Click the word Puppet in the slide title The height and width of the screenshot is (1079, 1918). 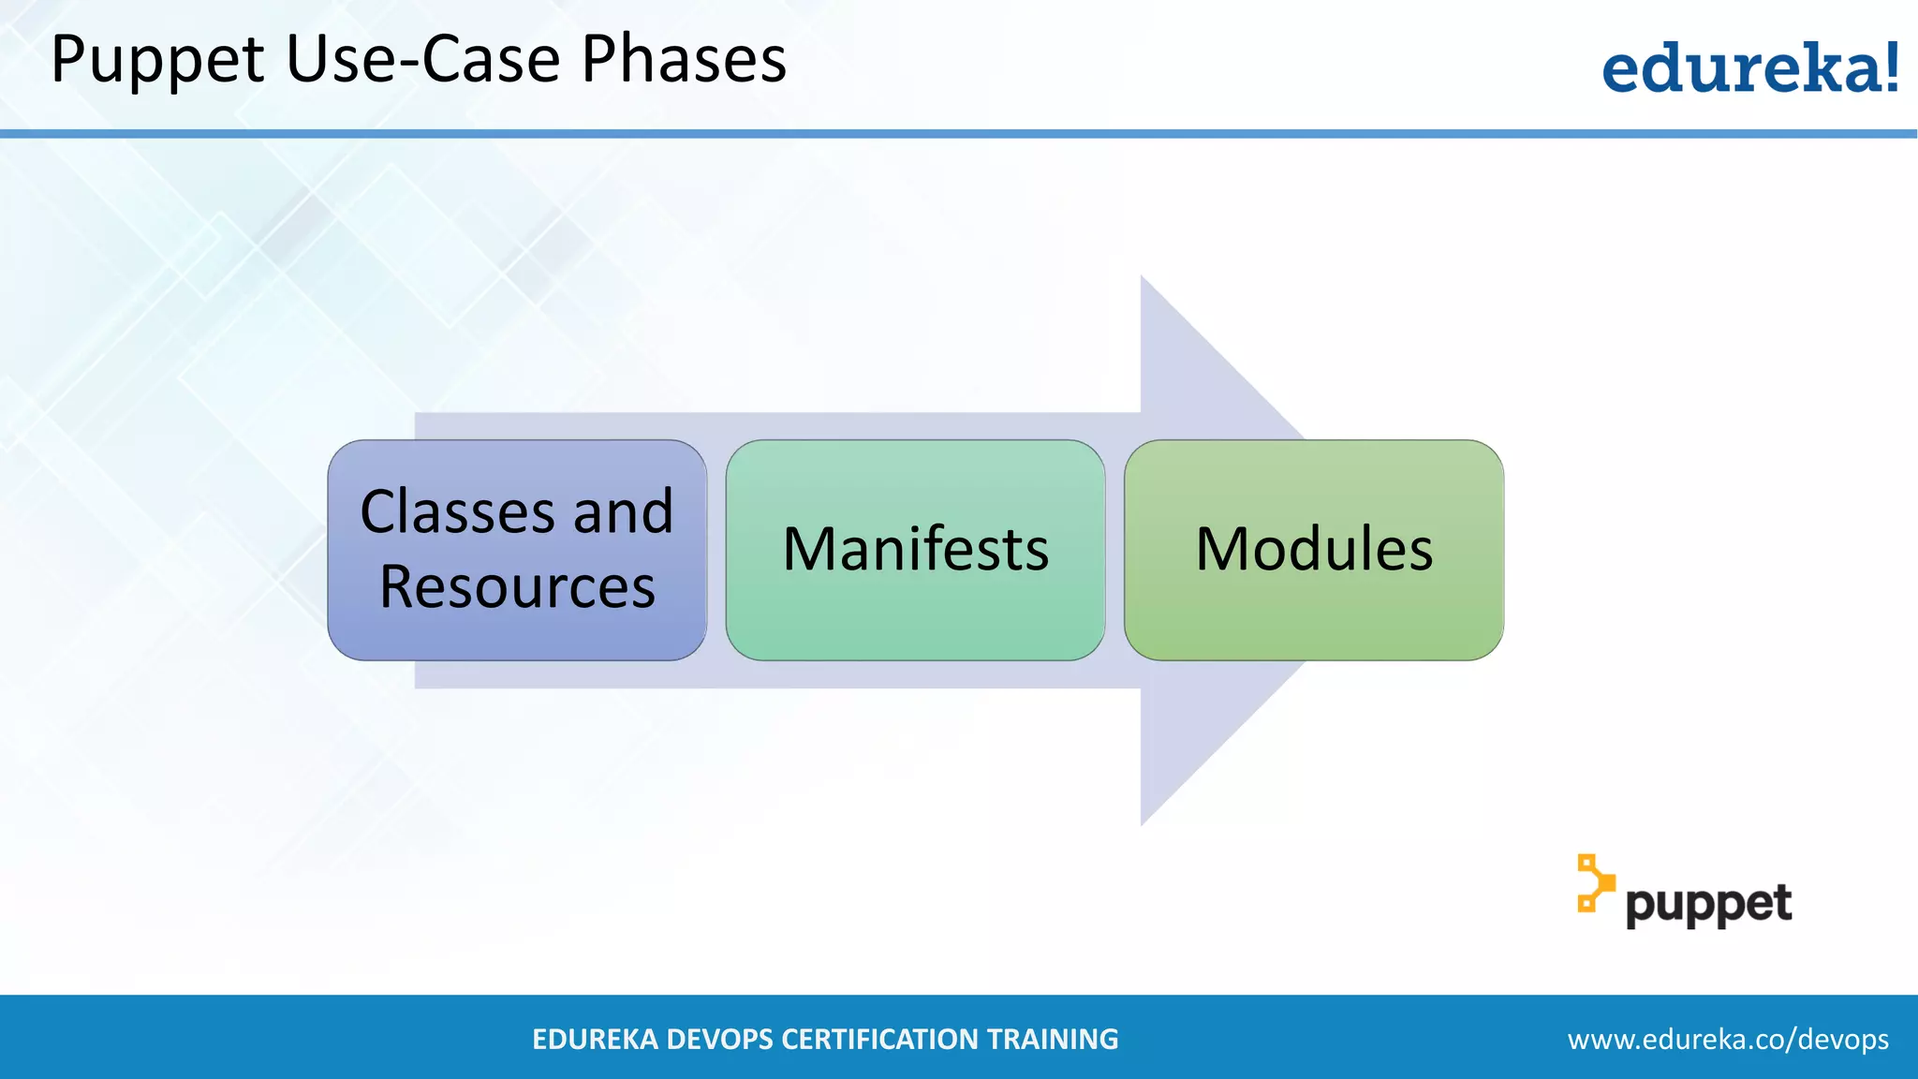157,60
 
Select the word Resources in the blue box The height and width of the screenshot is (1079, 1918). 517,587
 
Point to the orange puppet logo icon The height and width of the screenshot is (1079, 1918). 1594,883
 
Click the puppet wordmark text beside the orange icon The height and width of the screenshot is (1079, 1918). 1708,905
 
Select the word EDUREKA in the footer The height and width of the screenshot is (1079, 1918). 594,1039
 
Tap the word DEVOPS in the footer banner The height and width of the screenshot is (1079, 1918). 720,1039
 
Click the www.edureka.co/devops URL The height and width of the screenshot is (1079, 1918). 1728,1039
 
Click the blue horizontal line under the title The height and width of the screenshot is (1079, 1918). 959,134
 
